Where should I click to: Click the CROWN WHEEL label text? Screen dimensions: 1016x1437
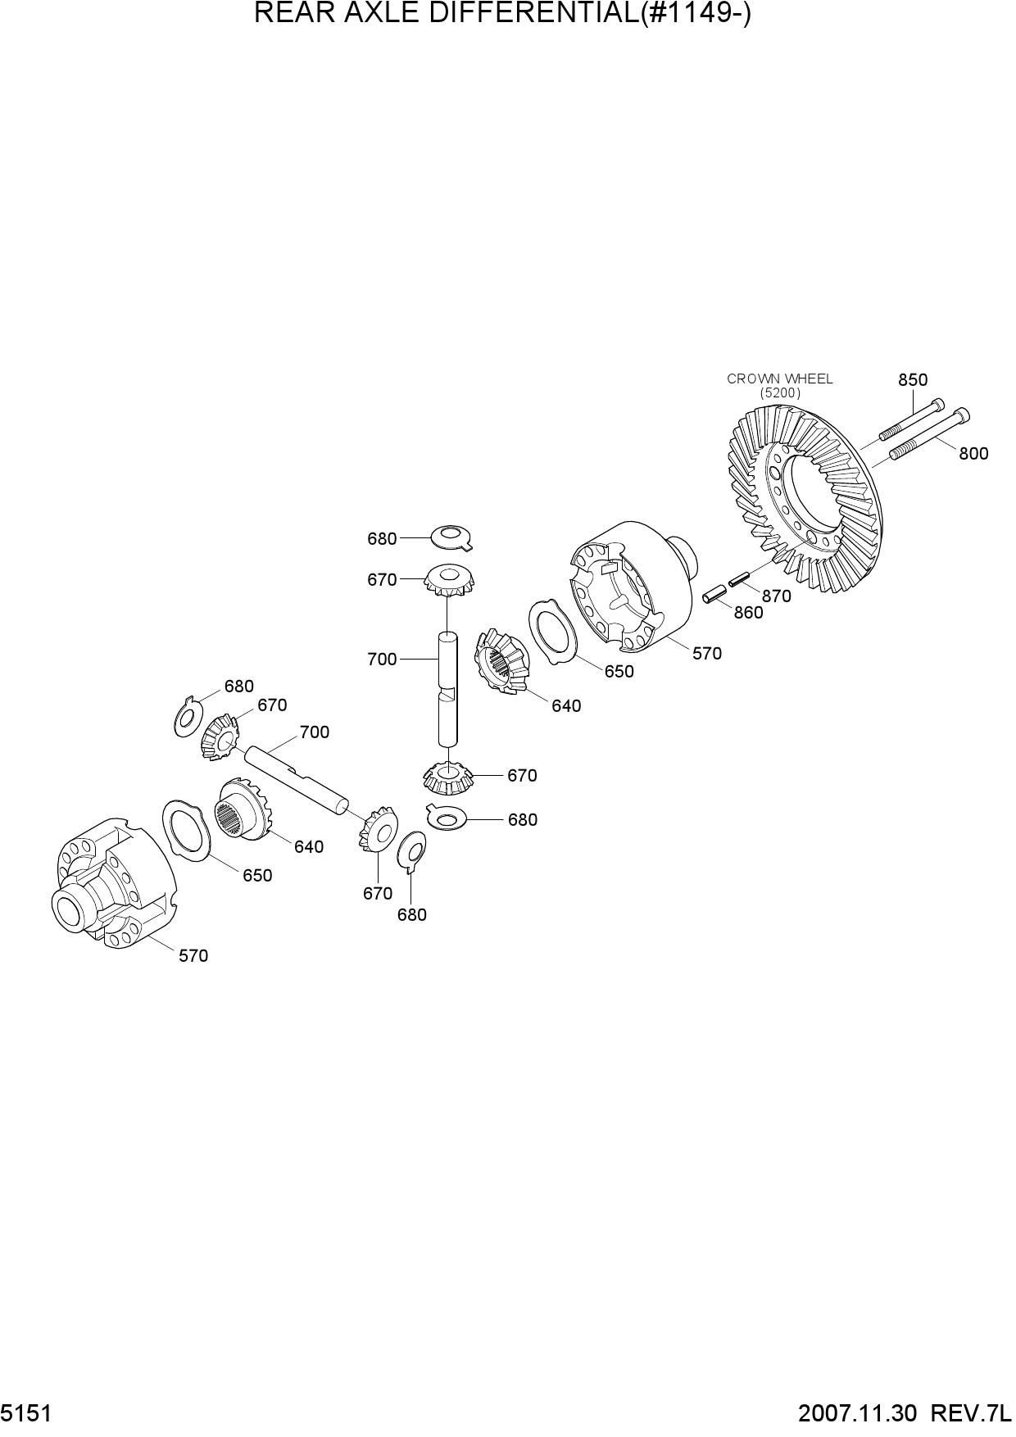tap(779, 379)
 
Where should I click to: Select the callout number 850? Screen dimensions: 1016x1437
tap(913, 379)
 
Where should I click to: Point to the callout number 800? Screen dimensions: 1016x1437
tap(973, 453)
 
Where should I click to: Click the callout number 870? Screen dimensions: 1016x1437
tap(776, 596)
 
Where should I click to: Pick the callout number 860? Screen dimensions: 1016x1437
tap(748, 613)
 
